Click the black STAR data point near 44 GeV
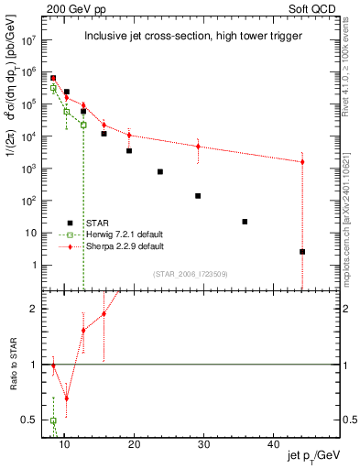(302, 251)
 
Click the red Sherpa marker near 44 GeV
(302, 162)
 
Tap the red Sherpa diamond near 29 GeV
(198, 147)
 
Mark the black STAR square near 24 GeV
(159, 171)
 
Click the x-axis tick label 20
(134, 444)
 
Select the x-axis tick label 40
(274, 444)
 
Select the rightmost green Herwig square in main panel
(83, 125)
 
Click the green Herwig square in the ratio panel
(54, 420)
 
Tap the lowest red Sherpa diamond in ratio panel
(66, 398)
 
